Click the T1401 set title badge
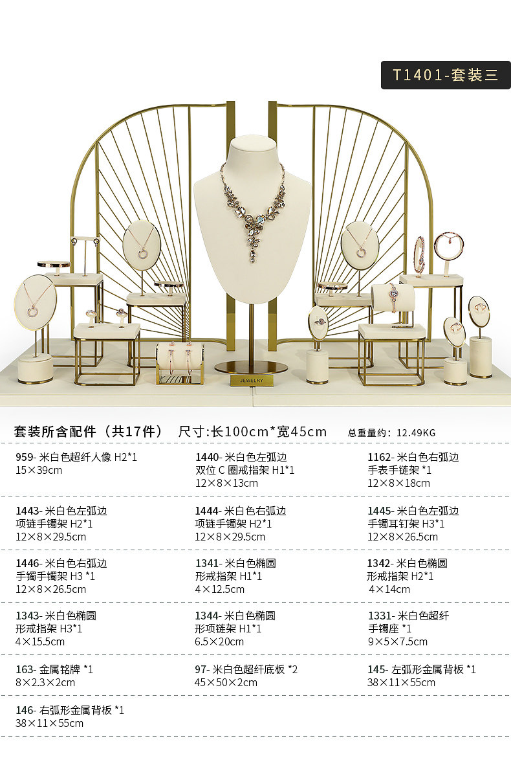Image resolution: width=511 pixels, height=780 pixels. pos(446,75)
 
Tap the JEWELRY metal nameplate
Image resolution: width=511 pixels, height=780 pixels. pos(251,381)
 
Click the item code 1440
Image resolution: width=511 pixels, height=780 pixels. pos(207,458)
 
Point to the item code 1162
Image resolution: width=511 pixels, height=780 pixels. pos(380,458)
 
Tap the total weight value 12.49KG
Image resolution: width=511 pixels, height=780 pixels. pos(416,433)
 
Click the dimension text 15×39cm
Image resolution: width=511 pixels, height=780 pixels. pos(39,471)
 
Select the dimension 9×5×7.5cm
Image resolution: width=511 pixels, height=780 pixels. pos(397,642)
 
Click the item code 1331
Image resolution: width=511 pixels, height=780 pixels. pos(380,616)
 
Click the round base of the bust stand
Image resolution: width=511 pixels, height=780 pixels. pos(251,367)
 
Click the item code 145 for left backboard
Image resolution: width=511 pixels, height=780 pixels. pos(376,669)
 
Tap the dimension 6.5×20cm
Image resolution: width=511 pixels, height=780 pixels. pos(219,642)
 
